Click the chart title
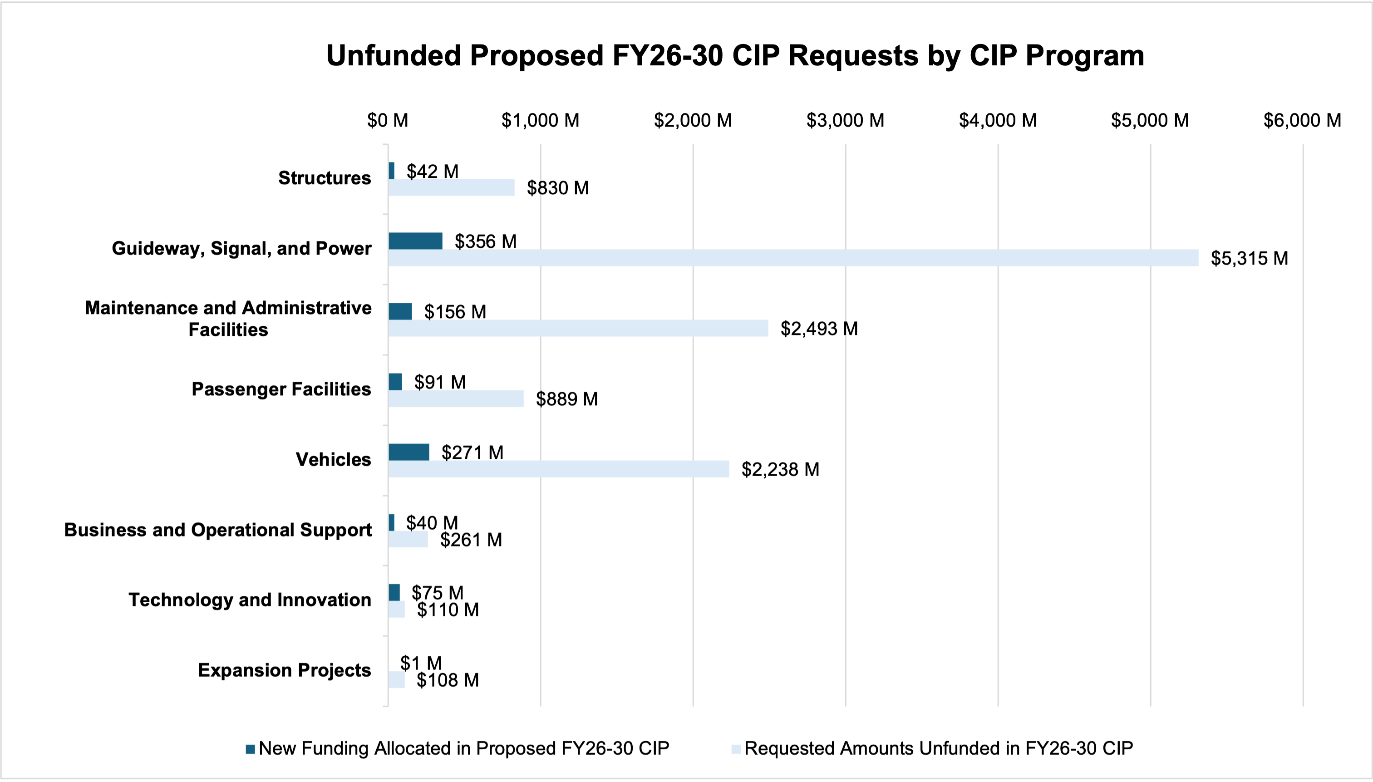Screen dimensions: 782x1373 (735, 55)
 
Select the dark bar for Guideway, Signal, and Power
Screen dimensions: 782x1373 (415, 241)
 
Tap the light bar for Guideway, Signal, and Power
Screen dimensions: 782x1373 (792, 258)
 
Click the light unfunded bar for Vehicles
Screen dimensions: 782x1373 (558, 469)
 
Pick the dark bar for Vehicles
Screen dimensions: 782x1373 (408, 452)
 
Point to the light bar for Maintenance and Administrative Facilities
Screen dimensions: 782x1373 (578, 328)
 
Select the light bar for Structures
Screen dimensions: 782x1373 (451, 187)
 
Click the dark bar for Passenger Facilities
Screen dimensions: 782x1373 (395, 382)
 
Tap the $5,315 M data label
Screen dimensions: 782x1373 (1249, 258)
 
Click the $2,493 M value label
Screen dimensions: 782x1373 (819, 328)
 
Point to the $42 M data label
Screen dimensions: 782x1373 (432, 171)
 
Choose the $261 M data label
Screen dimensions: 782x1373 (471, 540)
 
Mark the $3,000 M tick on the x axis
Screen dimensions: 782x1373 (845, 120)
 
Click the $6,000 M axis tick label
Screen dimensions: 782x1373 (1302, 120)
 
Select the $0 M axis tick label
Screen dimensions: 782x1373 (388, 120)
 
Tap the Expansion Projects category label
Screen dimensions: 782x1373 (284, 670)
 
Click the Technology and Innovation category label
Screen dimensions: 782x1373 (250, 600)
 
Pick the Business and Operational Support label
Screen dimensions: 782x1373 (217, 530)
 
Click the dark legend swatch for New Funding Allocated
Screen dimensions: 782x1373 (250, 749)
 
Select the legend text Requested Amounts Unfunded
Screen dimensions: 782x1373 (939, 749)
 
